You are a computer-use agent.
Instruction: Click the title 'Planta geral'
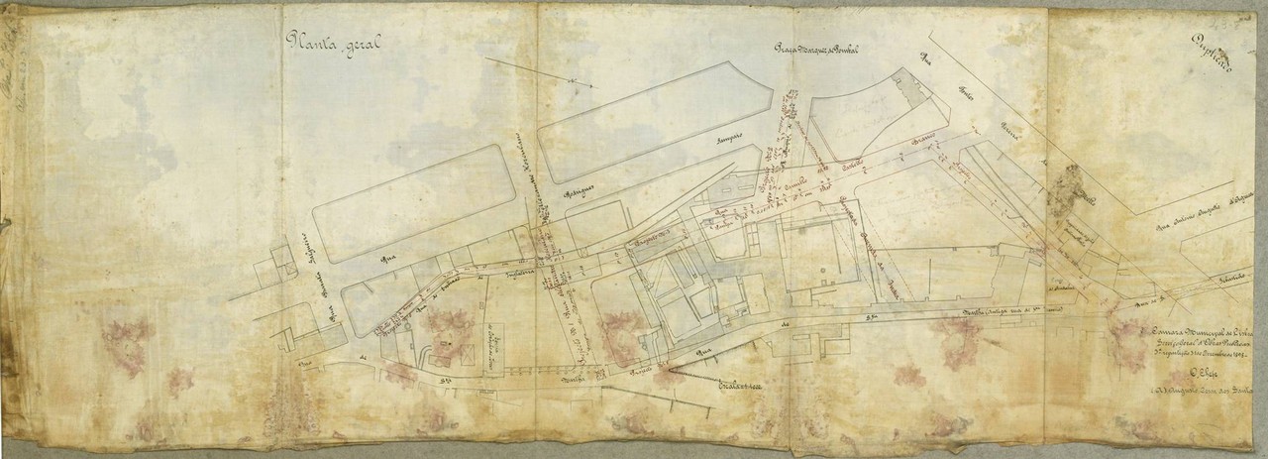tap(333, 42)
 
